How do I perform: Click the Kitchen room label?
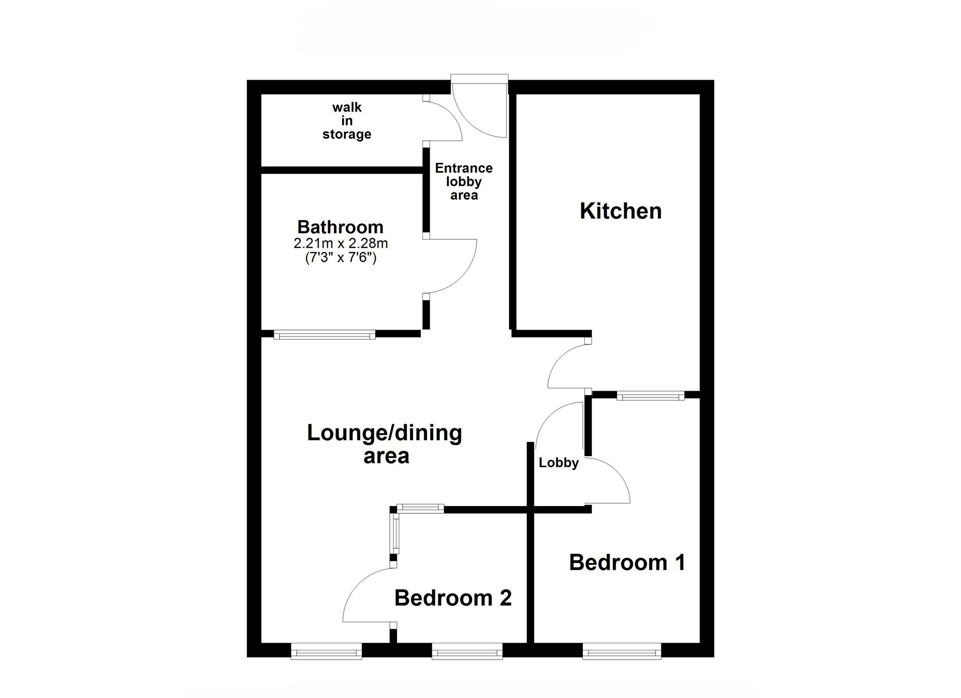(x=620, y=211)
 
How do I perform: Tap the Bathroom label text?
(x=340, y=227)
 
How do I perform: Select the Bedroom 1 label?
(x=627, y=563)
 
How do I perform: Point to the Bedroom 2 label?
(x=453, y=598)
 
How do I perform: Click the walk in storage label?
(x=346, y=121)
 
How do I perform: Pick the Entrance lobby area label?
(x=464, y=181)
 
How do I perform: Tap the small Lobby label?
(x=558, y=463)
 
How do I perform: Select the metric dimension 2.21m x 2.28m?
(x=340, y=243)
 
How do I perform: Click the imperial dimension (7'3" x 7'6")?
(x=340, y=258)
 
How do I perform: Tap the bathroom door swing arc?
(x=461, y=274)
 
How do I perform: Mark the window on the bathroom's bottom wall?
(x=324, y=335)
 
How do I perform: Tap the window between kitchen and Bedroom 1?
(x=650, y=396)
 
